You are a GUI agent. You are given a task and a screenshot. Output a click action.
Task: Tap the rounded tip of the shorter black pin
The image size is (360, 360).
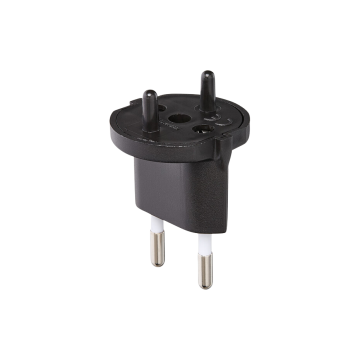click(149, 93)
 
